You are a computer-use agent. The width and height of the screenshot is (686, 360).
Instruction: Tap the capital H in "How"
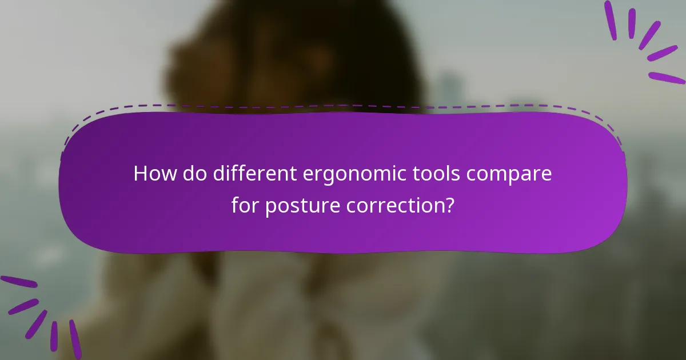click(140, 174)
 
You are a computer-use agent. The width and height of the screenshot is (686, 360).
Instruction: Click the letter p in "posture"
click(270, 207)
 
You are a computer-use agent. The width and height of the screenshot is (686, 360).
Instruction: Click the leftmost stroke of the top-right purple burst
click(611, 20)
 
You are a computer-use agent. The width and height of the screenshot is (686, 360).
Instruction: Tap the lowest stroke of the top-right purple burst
click(667, 78)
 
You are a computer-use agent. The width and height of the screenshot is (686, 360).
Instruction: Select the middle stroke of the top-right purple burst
click(650, 35)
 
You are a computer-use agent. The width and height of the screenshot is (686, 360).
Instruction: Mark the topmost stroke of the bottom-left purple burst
click(18, 282)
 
